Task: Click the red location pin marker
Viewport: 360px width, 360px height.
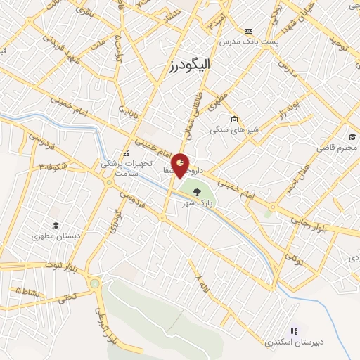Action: pyautogui.click(x=181, y=164)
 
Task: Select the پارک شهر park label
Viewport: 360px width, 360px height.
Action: pyautogui.click(x=196, y=203)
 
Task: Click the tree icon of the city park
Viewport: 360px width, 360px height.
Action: pyautogui.click(x=197, y=191)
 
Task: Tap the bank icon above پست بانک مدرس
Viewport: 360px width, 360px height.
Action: pyautogui.click(x=247, y=32)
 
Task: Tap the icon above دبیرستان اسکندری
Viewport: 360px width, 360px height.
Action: pyautogui.click(x=294, y=331)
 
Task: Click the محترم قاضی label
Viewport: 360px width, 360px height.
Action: pyautogui.click(x=335, y=148)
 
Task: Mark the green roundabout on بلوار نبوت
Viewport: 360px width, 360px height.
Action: pyautogui.click(x=94, y=283)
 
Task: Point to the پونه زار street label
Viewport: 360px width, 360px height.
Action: pyautogui.click(x=290, y=107)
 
